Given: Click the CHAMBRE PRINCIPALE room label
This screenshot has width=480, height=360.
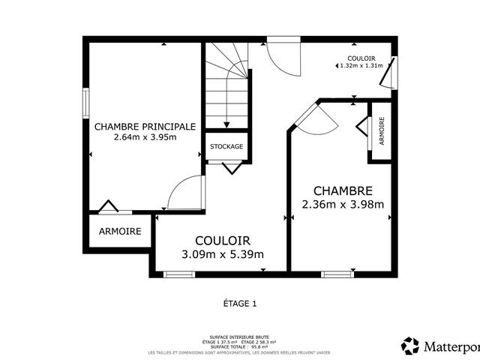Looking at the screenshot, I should point(145,127).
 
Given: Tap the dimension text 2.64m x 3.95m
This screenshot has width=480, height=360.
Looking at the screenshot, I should point(145,137).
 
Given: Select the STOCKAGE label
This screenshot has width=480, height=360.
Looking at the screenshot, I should point(226,146).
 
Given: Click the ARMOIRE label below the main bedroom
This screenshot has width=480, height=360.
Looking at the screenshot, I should point(120,232).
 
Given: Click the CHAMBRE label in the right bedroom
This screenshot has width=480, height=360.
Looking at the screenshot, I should point(343,191).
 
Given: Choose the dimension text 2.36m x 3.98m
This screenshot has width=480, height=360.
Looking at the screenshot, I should point(343,204).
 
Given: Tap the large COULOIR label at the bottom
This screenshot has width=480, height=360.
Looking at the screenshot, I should point(223,240).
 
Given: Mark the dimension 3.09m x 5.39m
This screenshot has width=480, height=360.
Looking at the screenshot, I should point(223,253).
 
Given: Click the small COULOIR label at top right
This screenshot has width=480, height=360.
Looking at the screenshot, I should point(361,58).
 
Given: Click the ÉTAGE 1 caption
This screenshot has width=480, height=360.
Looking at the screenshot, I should point(240,304).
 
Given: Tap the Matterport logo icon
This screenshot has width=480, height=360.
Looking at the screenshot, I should point(410,346).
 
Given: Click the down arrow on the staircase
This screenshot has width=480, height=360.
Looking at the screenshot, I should point(226,124).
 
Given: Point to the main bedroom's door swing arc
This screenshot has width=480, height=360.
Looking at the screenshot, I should point(183,193).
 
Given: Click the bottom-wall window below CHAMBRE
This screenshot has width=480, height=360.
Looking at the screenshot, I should point(337,274).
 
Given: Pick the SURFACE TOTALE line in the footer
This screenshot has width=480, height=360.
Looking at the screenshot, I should point(240,347).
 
